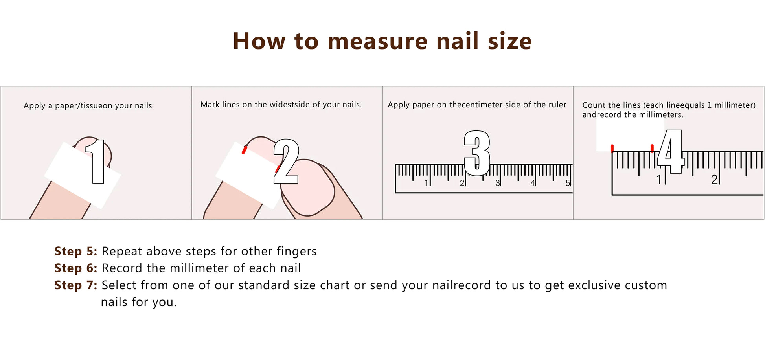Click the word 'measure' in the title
(377, 41)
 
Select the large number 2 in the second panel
(286, 162)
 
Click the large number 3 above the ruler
(477, 153)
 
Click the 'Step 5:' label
(75, 251)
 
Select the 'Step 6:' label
(75, 268)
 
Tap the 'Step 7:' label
(75, 285)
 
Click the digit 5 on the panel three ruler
(567, 183)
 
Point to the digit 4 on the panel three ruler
(533, 183)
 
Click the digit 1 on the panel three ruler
(426, 183)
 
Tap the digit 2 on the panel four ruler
(714, 180)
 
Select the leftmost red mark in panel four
(612, 148)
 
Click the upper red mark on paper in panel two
(244, 150)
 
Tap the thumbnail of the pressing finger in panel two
(307, 188)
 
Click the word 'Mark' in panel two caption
(210, 105)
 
